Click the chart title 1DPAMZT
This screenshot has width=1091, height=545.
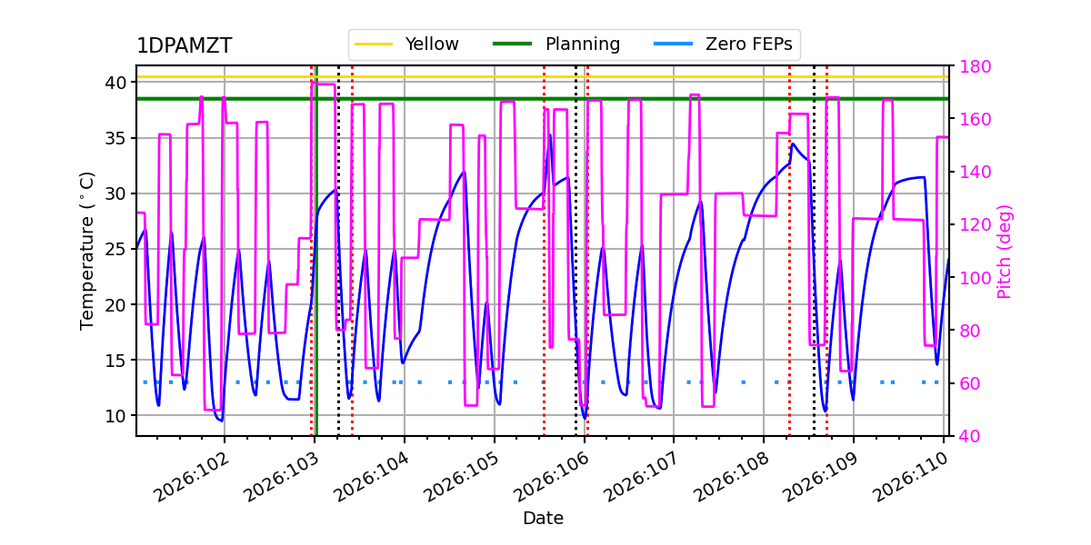pyautogui.click(x=184, y=46)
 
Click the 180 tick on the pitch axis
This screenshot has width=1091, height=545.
pyautogui.click(x=970, y=66)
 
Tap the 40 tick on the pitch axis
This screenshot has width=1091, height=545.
pyautogui.click(x=966, y=436)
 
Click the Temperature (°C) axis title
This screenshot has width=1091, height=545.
pyautogui.click(x=87, y=250)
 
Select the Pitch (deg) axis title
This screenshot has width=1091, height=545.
pyautogui.click(x=1005, y=251)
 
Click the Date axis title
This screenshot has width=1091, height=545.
pyautogui.click(x=543, y=519)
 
